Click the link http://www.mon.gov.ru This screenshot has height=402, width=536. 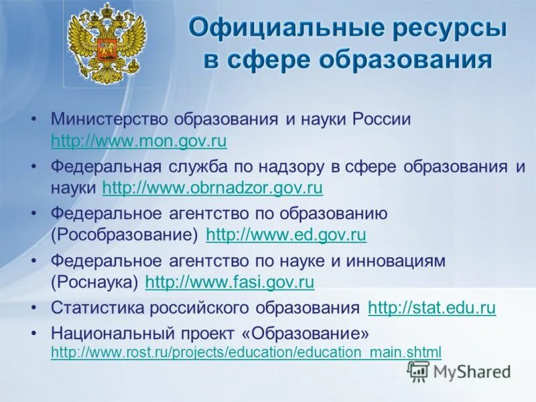click(x=139, y=141)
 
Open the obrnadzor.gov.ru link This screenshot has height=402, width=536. click(x=212, y=188)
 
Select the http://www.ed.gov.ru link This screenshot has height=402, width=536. click(x=286, y=235)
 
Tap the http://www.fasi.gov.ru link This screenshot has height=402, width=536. click(x=230, y=282)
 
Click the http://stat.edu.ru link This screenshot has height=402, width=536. click(x=432, y=308)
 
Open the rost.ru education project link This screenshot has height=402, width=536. click(x=246, y=351)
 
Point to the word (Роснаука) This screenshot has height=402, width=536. click(x=94, y=282)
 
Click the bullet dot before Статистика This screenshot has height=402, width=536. click(x=34, y=309)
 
